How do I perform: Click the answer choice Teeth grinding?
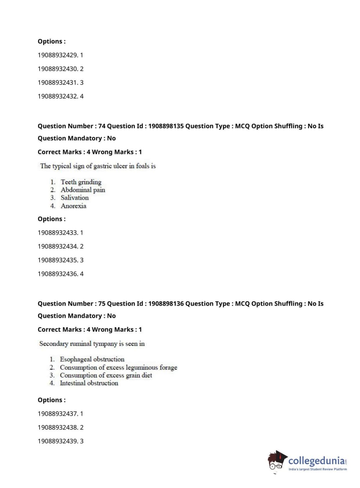point(81,182)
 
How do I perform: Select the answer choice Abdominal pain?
point(83,190)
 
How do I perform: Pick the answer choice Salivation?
point(74,198)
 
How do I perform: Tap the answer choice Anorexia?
point(73,206)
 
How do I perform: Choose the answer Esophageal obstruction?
point(92,359)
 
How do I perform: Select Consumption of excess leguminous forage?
point(118,367)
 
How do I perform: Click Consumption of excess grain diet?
point(106,375)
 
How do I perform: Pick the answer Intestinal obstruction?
point(89,383)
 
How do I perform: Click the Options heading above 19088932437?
point(52,400)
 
